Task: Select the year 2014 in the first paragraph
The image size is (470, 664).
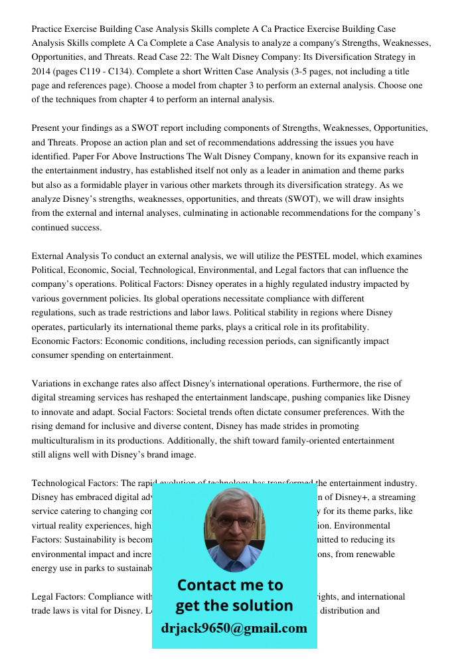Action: [42, 71]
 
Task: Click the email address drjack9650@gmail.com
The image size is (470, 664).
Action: [234, 628]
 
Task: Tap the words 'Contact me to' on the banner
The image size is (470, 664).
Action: [230, 585]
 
